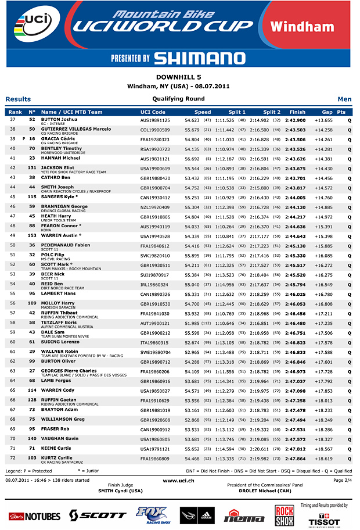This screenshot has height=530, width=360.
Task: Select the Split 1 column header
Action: point(237,112)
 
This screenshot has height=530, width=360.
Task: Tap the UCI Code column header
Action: point(153,112)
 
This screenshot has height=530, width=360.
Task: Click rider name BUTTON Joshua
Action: point(59,119)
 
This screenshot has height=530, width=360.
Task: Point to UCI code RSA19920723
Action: point(155,149)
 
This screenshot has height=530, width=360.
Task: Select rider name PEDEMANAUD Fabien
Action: point(66,245)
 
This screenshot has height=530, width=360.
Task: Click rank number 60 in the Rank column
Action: point(13,343)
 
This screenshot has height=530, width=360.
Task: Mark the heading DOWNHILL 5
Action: point(179,77)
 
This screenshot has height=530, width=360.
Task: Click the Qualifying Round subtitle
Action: point(178,99)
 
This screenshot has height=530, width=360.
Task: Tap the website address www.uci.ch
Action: point(178,481)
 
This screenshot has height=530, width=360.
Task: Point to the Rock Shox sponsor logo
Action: point(285,515)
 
